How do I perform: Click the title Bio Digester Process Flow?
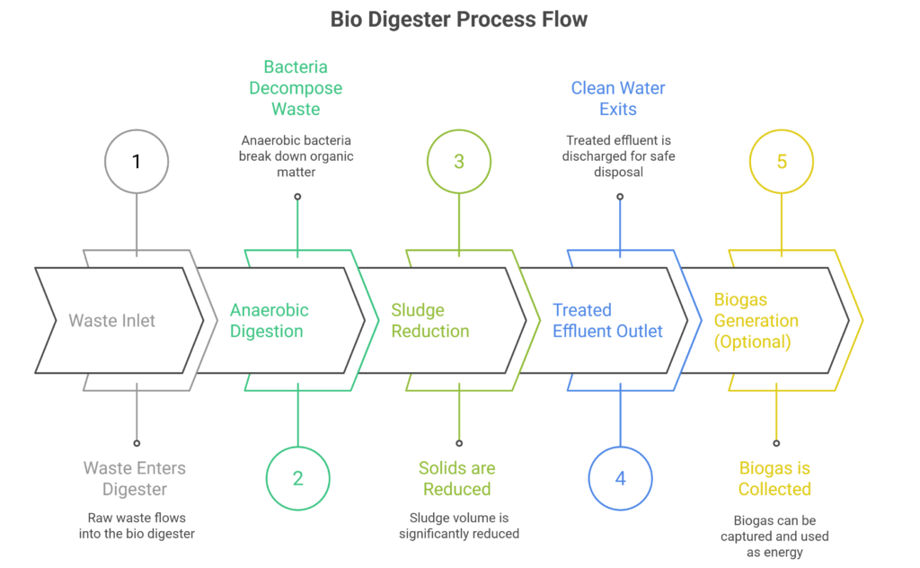[459, 19]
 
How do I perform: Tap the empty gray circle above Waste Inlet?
[137, 162]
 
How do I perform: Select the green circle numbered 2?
[298, 477]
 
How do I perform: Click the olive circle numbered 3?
[459, 162]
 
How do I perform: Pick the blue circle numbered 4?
[620, 477]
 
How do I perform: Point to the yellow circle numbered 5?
[781, 162]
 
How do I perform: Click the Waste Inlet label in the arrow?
[111, 321]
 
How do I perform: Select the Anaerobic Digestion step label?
[269, 321]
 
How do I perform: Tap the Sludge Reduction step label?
[429, 321]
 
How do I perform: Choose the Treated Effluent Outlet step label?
[607, 321]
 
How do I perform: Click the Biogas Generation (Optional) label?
[756, 321]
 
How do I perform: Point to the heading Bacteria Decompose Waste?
[296, 88]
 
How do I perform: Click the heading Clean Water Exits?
[618, 99]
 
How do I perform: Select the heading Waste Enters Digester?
[136, 478]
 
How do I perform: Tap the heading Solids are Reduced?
[457, 478]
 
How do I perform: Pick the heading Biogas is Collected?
[774, 478]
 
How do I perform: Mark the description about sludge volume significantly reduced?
[458, 526]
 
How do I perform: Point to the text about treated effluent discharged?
[618, 155]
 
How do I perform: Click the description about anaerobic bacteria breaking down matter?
[296, 155]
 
